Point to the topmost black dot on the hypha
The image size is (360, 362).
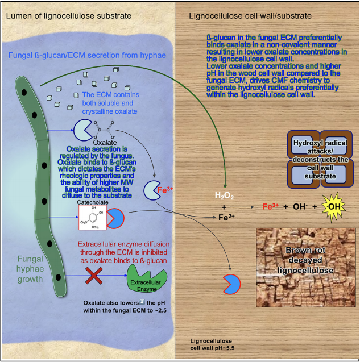pos(24,91)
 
